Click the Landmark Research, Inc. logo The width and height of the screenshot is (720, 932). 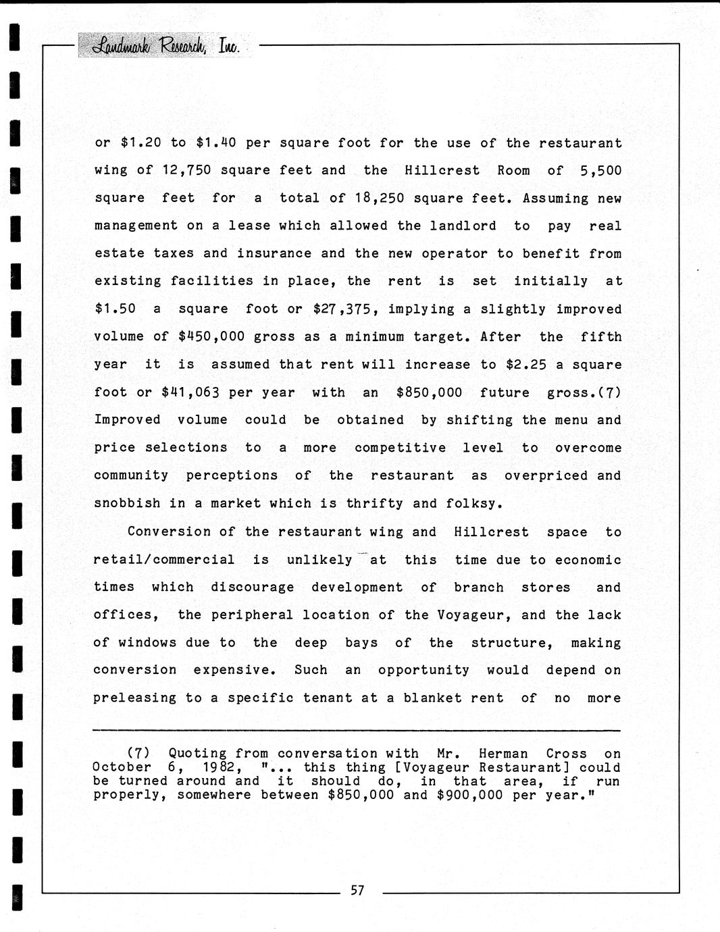165,45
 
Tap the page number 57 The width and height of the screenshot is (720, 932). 357,890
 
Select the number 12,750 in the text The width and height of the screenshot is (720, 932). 186,170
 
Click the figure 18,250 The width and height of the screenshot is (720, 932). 380,198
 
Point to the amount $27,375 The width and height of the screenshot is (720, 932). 341,309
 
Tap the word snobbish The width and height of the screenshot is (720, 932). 127,503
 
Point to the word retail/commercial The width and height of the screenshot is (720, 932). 164,560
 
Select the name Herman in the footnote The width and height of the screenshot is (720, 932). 504,753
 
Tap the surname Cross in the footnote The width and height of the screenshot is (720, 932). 566,753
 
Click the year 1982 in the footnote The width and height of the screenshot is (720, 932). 219,767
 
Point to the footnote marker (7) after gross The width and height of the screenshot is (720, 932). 609,392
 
